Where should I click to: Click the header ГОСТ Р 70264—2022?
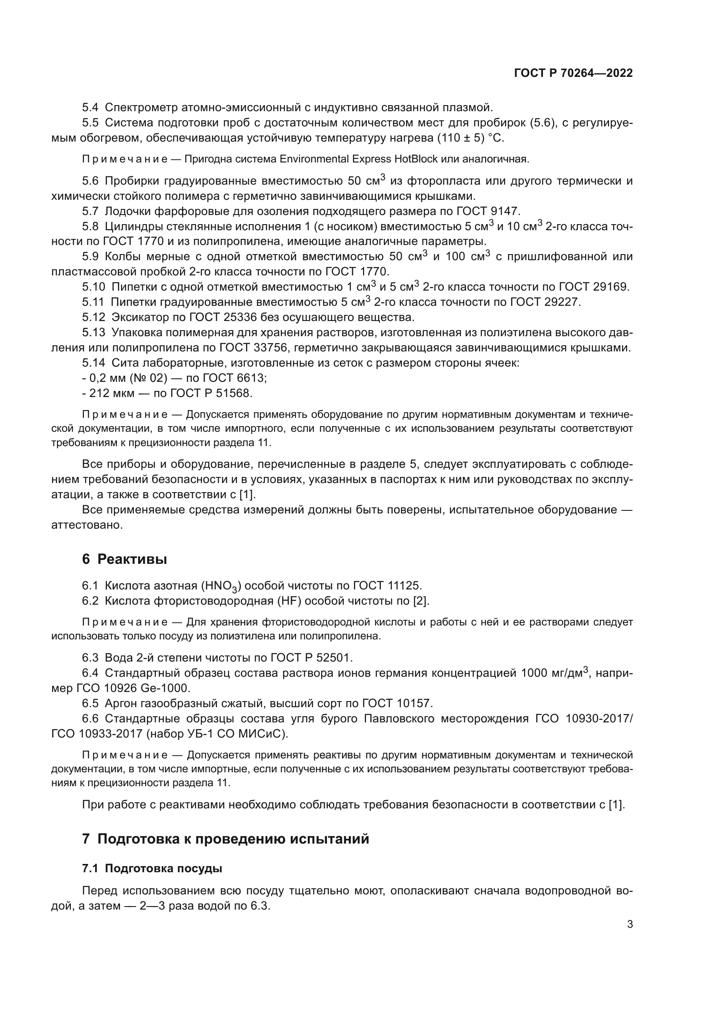click(573, 73)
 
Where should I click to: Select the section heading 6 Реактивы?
click(124, 559)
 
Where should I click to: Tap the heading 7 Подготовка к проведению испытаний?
click(225, 838)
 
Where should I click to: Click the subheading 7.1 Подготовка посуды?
click(152, 868)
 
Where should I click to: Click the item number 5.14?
click(93, 363)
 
